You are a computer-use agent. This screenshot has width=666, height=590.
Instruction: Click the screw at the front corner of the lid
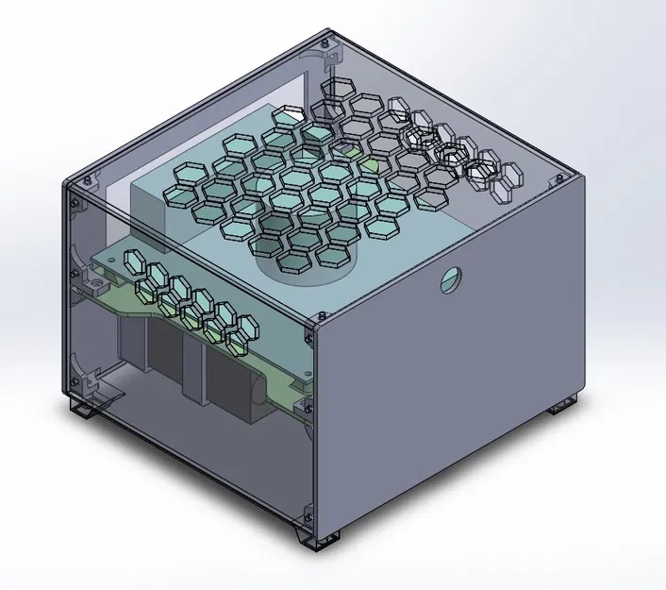308,329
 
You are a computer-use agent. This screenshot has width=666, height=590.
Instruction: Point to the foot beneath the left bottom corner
83,408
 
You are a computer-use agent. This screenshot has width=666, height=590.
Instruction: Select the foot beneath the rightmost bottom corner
563,404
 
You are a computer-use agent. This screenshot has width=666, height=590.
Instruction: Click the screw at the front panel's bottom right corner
306,514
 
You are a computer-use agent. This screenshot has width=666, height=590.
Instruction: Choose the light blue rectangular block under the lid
151,194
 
